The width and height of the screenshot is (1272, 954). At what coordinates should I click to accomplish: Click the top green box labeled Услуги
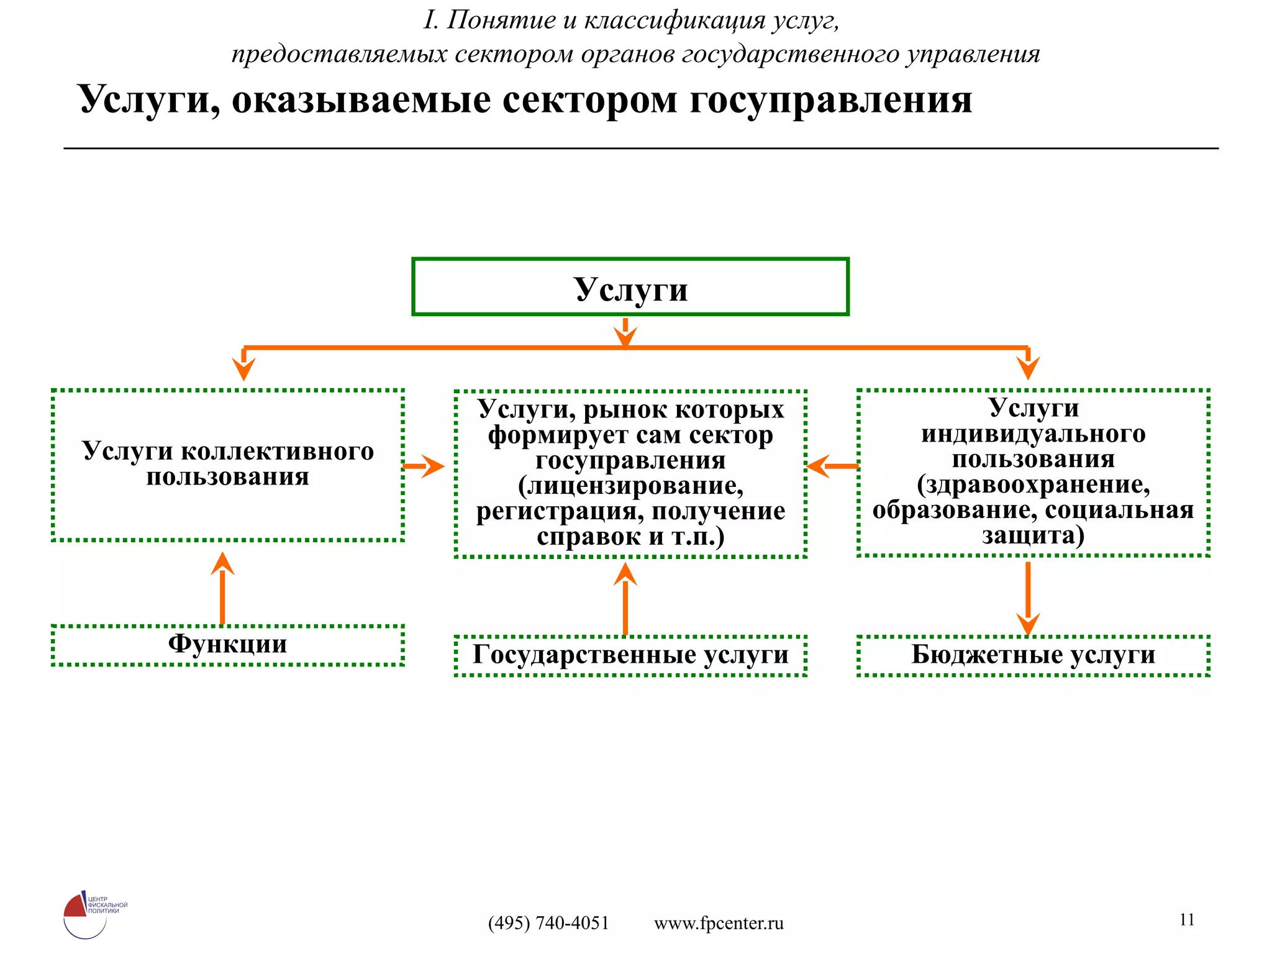tap(630, 287)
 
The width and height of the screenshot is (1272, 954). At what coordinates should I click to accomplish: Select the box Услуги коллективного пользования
tap(227, 465)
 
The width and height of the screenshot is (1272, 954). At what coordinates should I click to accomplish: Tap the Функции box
tap(227, 645)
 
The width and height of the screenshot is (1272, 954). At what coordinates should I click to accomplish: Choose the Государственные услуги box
tap(630, 655)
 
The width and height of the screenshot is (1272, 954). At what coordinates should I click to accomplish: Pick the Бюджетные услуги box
tap(1033, 655)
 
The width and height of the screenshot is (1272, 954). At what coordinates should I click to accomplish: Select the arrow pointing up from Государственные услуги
tap(625, 599)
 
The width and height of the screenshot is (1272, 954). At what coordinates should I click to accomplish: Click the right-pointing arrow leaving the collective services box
tap(425, 466)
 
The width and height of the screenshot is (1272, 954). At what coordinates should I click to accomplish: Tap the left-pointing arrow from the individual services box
tap(831, 466)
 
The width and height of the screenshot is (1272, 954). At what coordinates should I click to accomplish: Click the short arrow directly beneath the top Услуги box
tap(625, 333)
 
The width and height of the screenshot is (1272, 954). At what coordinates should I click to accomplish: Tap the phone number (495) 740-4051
tap(548, 923)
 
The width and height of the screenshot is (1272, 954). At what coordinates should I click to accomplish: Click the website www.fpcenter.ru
tap(719, 923)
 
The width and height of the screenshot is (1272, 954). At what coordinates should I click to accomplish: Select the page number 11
tap(1186, 919)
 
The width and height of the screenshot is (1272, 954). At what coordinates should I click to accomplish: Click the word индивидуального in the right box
tap(1033, 434)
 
